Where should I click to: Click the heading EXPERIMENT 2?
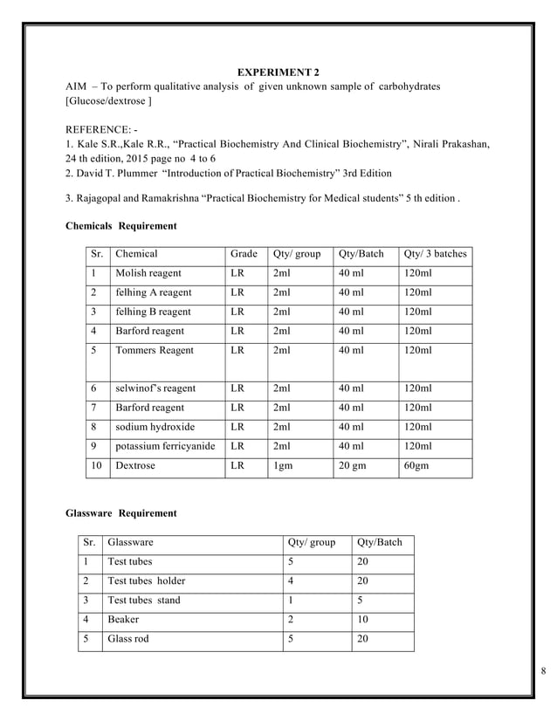click(x=279, y=71)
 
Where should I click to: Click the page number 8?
click(x=543, y=670)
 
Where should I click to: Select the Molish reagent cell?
click(x=148, y=273)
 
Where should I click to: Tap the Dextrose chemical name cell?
click(x=135, y=466)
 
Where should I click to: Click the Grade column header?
click(x=244, y=254)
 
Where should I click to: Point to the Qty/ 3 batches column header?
click(x=435, y=254)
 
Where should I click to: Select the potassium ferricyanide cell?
click(x=165, y=447)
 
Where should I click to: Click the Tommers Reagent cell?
click(x=155, y=350)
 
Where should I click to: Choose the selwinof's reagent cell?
click(x=155, y=388)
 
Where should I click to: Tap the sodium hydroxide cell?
click(x=155, y=428)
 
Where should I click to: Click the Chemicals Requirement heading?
click(x=121, y=226)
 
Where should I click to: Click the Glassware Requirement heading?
click(x=121, y=513)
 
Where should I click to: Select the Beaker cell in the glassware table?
click(x=123, y=620)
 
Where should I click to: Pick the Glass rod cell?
click(x=127, y=639)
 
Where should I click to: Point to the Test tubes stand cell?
click(x=143, y=601)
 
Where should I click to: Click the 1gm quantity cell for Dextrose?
click(x=283, y=466)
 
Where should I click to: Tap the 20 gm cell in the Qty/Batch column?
click(x=353, y=466)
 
